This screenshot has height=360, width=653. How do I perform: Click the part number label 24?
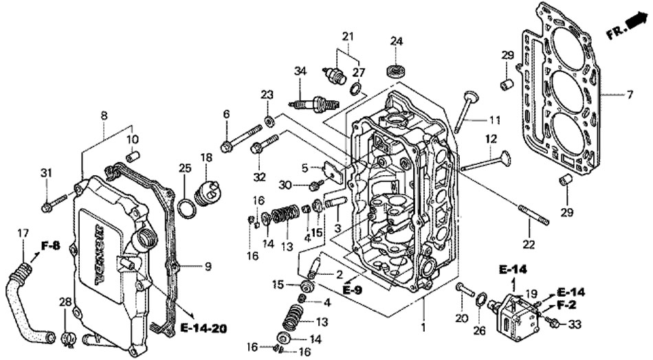pyautogui.click(x=396, y=41)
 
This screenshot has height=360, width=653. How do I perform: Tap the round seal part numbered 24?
pyautogui.click(x=396, y=70)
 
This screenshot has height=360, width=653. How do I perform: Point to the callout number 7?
pyautogui.click(x=630, y=94)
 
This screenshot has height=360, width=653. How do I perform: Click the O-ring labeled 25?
pyautogui.click(x=186, y=207)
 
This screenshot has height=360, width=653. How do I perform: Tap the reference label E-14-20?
pyautogui.click(x=203, y=327)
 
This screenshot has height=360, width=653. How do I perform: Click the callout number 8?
pyautogui.click(x=104, y=116)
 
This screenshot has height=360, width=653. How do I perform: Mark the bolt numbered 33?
pyautogui.click(x=553, y=321)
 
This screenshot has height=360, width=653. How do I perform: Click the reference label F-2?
pyautogui.click(x=566, y=305)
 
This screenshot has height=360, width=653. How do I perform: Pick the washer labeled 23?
pyautogui.click(x=269, y=122)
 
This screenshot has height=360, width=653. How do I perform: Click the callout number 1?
pyautogui.click(x=423, y=328)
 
